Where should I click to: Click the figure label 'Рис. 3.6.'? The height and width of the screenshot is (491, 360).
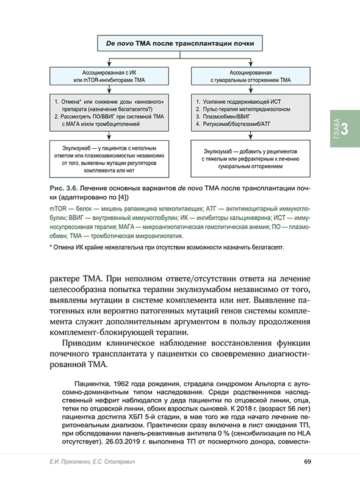[63, 188]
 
